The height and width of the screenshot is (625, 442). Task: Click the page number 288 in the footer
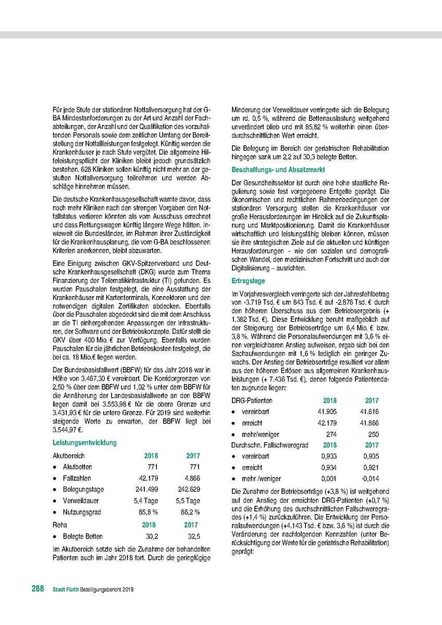point(37,589)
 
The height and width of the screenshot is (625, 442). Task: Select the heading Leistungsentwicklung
point(84,443)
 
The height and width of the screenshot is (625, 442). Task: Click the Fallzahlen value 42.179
point(148,478)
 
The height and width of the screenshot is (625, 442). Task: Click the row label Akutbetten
point(77,467)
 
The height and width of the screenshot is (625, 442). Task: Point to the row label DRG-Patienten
point(252,401)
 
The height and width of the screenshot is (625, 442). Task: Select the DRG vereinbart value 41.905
point(326,411)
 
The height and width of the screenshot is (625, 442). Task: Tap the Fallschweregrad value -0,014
point(370,479)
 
